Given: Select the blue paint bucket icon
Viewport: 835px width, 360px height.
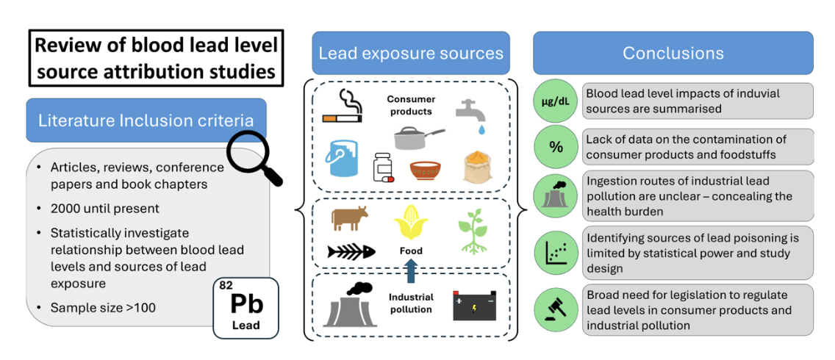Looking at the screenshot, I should coord(342,156).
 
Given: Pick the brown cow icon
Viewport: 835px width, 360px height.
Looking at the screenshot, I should coord(349,218).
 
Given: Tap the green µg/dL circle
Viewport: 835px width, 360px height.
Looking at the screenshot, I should coord(556,101).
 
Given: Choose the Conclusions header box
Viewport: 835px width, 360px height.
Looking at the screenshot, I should coord(673,53).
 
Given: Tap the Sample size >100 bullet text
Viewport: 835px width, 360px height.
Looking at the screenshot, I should coord(103,307).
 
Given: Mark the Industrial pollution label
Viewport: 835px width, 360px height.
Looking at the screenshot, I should coord(411,303).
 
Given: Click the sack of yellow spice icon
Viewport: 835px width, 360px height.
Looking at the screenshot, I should coord(476,167).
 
